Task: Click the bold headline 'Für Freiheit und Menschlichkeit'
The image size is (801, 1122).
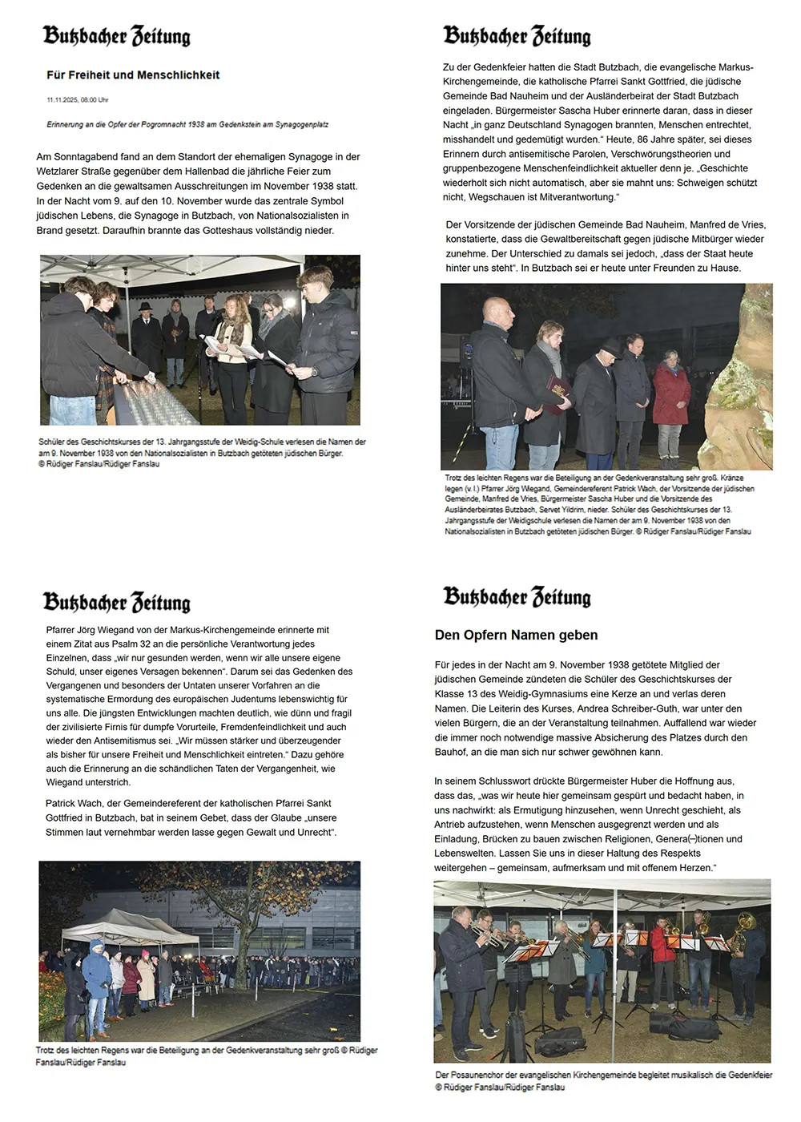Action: tap(133, 75)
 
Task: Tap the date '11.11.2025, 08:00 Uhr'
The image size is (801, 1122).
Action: tap(78, 100)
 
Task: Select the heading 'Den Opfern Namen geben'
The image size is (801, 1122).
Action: tap(516, 635)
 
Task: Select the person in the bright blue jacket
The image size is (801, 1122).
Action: tap(97, 974)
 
